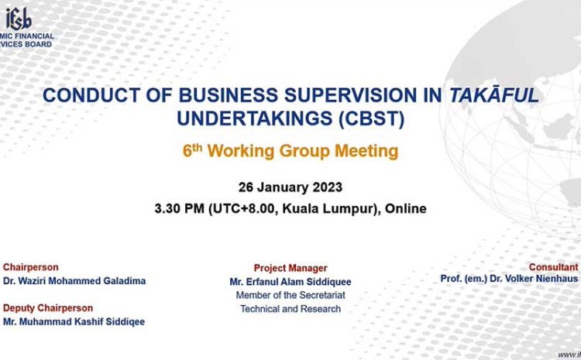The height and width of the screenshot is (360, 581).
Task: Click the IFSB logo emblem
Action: pos(18,19)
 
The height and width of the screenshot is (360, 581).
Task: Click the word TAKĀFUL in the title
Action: pos(493,94)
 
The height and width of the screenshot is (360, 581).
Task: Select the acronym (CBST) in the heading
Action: pos(372,119)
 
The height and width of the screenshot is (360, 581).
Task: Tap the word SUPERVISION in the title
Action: pos(350,95)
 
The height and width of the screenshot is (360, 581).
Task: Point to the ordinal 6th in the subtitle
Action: pos(192,150)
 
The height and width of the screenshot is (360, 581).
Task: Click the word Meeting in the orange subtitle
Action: pos(366,151)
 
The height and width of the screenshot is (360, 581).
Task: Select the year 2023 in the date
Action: pos(328,187)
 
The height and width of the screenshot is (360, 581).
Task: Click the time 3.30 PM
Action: pos(180,208)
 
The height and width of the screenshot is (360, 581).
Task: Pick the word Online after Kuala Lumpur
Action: pos(406,208)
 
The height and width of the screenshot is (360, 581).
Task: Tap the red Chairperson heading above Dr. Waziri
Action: pos(31,267)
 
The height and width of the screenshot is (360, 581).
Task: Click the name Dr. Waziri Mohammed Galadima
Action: pos(74,281)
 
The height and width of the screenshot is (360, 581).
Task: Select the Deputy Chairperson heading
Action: pos(48,308)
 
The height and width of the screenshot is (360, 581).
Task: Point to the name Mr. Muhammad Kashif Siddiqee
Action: pos(74,321)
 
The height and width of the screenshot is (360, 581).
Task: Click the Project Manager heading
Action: pos(290,268)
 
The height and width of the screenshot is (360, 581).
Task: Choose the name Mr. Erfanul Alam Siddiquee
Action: pos(290,282)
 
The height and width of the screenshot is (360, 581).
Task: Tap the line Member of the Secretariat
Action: pos(290,295)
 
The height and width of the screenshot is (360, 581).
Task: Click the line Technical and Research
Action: pos(290,309)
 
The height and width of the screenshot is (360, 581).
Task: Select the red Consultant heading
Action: pos(554,267)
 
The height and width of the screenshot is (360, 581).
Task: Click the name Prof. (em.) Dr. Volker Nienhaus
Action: pos(509,279)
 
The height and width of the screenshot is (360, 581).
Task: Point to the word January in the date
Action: pos(284,187)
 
